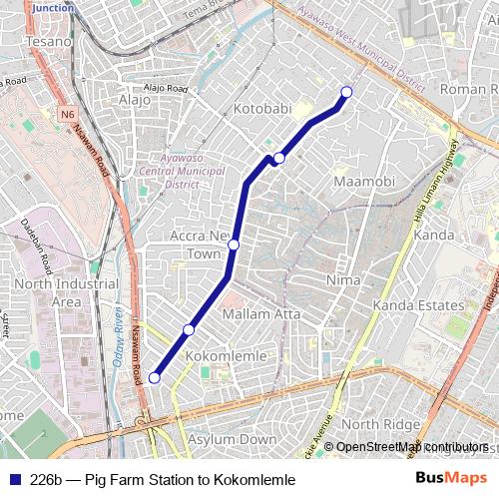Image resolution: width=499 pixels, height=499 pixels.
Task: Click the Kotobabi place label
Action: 260,108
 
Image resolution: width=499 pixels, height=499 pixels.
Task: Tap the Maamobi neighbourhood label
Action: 364,182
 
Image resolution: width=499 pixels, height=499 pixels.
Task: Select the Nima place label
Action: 342,280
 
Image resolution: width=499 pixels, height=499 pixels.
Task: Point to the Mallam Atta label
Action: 260,314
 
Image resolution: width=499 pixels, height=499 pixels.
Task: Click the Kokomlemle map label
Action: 227,356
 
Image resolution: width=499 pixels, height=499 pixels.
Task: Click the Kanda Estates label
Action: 418,304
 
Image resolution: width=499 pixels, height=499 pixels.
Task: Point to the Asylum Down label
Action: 232,439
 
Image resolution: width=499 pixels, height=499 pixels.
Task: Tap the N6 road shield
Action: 66,115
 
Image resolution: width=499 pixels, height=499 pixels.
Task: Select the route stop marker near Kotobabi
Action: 279,159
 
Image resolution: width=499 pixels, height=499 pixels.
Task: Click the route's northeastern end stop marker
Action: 347,92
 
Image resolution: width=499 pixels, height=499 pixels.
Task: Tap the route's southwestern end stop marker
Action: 154,378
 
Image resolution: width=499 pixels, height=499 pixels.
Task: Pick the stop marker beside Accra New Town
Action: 234,245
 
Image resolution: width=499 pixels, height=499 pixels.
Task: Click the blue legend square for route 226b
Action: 13,480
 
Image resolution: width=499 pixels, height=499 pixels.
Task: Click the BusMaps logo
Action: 451,479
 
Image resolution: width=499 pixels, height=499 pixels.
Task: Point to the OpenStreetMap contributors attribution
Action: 411,447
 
